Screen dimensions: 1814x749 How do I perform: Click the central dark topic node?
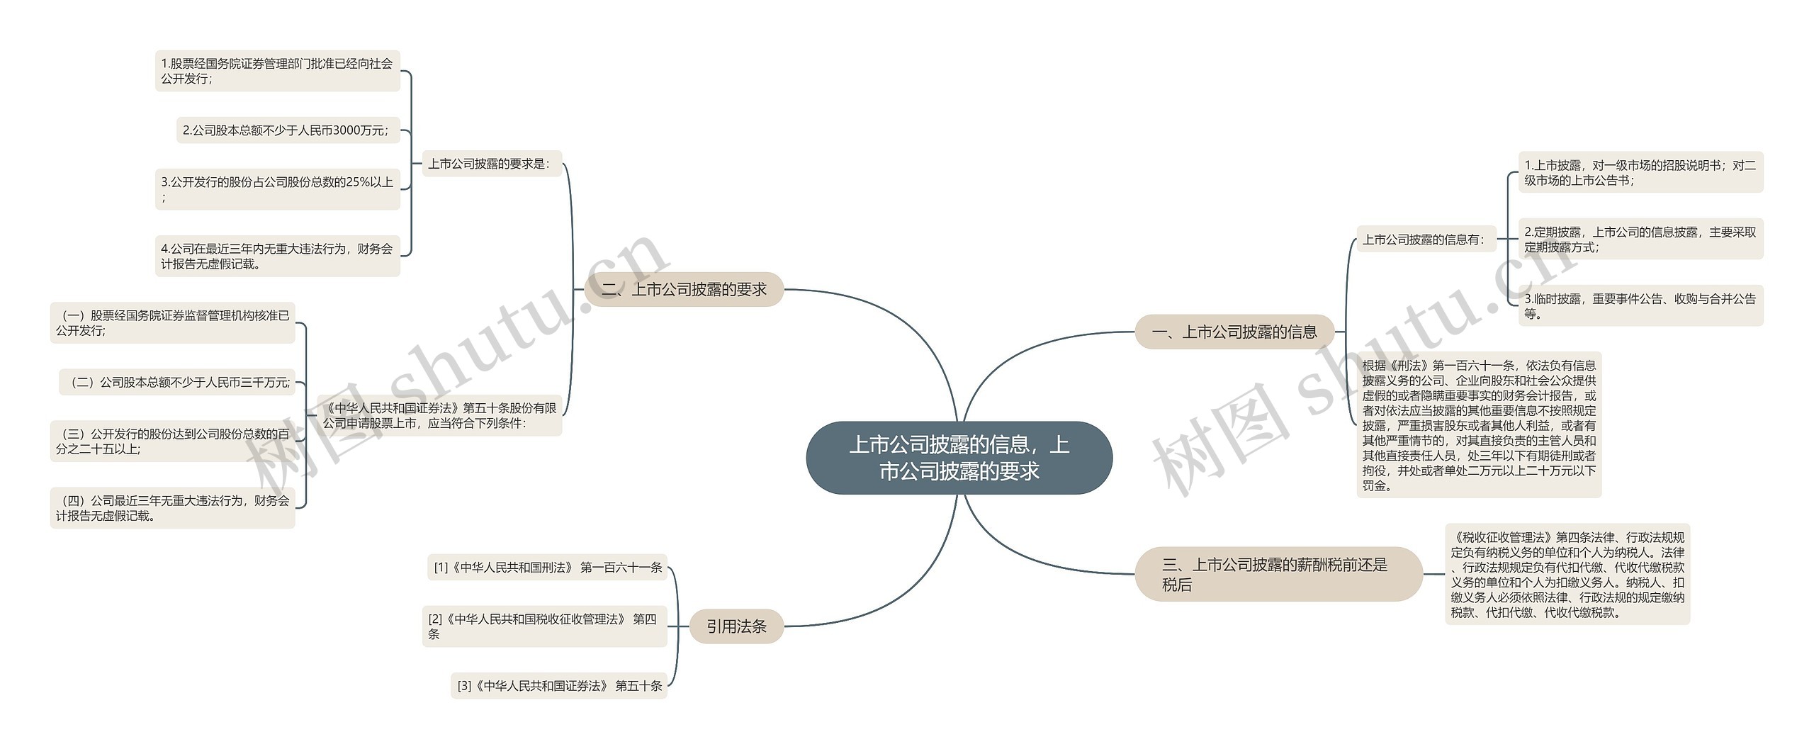(959, 458)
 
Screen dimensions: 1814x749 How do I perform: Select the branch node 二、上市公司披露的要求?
(684, 289)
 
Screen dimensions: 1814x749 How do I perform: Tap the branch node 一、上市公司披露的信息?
(1234, 332)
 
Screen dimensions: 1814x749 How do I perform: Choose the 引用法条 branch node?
(736, 626)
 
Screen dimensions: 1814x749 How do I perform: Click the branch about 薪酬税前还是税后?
(1278, 574)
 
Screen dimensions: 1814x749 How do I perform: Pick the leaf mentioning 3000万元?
(288, 130)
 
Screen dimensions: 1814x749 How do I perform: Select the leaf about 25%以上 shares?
(277, 189)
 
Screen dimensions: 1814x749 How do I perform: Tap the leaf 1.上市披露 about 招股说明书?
(1640, 172)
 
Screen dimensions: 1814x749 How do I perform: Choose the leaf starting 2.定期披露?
(1640, 239)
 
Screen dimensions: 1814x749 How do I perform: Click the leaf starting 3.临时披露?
(1640, 305)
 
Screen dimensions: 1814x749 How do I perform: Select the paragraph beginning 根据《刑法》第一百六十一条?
(1479, 425)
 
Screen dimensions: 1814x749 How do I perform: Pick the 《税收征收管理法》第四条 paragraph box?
(1567, 574)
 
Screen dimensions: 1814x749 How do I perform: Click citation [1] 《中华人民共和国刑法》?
(547, 567)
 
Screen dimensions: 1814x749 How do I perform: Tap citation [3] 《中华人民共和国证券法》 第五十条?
(559, 685)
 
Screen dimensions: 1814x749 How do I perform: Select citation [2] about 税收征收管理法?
(544, 626)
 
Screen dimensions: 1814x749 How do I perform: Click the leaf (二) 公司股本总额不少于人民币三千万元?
(176, 383)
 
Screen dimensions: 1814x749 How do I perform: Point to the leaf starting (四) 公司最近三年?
(172, 508)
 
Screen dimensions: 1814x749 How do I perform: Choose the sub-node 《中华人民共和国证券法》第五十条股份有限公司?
(439, 415)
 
